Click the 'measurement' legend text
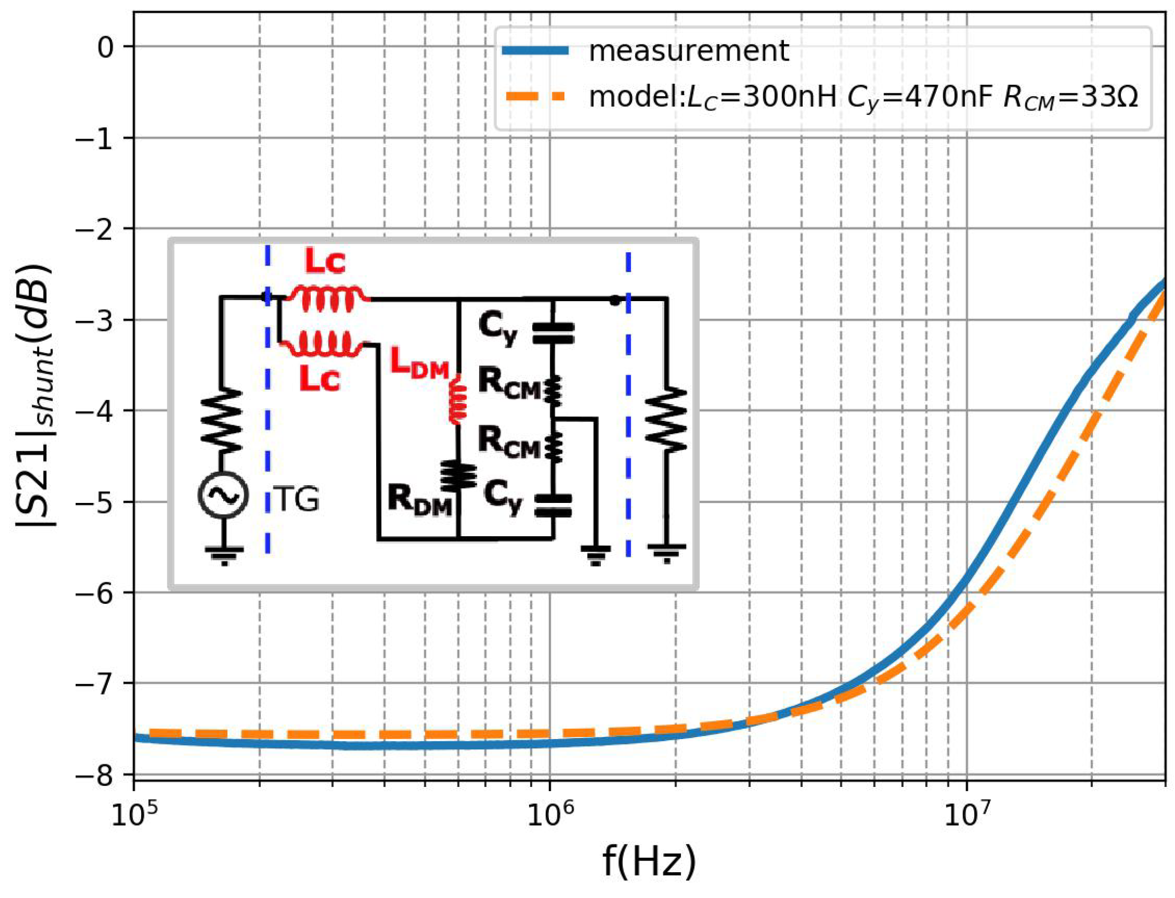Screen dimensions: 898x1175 click(x=688, y=51)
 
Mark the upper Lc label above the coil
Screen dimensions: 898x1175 click(x=325, y=261)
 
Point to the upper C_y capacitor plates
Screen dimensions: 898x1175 click(x=553, y=333)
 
